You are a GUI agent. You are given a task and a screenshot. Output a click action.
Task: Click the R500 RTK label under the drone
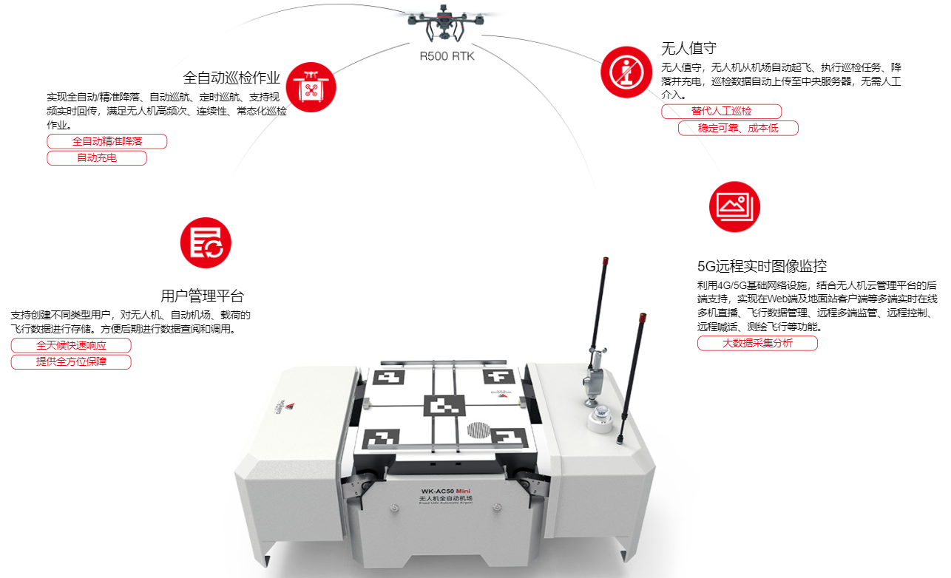(447, 56)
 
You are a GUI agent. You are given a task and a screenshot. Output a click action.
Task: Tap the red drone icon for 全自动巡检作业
(311, 87)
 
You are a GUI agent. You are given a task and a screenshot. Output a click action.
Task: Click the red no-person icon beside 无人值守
(626, 72)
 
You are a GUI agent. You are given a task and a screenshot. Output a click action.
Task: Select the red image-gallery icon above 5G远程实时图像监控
(734, 206)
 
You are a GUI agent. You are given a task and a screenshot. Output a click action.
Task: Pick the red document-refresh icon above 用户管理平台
(206, 243)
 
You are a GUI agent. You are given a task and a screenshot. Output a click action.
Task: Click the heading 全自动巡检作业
(231, 78)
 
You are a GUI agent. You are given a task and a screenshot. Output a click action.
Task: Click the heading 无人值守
(688, 49)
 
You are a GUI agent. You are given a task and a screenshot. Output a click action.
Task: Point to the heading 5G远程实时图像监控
(762, 266)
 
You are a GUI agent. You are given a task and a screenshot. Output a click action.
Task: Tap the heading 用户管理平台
(202, 296)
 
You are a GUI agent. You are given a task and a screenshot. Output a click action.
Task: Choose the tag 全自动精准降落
(107, 141)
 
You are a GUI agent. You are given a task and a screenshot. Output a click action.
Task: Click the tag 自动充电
(97, 158)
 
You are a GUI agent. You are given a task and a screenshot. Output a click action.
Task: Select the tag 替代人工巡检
(721, 112)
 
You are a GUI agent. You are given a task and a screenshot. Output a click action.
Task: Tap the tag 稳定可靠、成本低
(738, 129)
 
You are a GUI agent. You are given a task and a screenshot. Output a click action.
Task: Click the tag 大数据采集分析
(757, 343)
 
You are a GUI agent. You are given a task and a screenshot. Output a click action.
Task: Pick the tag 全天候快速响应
(71, 345)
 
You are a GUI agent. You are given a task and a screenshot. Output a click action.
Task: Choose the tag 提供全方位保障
(71, 362)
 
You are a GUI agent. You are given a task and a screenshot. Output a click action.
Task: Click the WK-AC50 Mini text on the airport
(446, 491)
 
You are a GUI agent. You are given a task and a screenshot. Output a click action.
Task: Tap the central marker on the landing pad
(444, 407)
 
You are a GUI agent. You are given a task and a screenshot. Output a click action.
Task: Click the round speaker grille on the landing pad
(479, 429)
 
